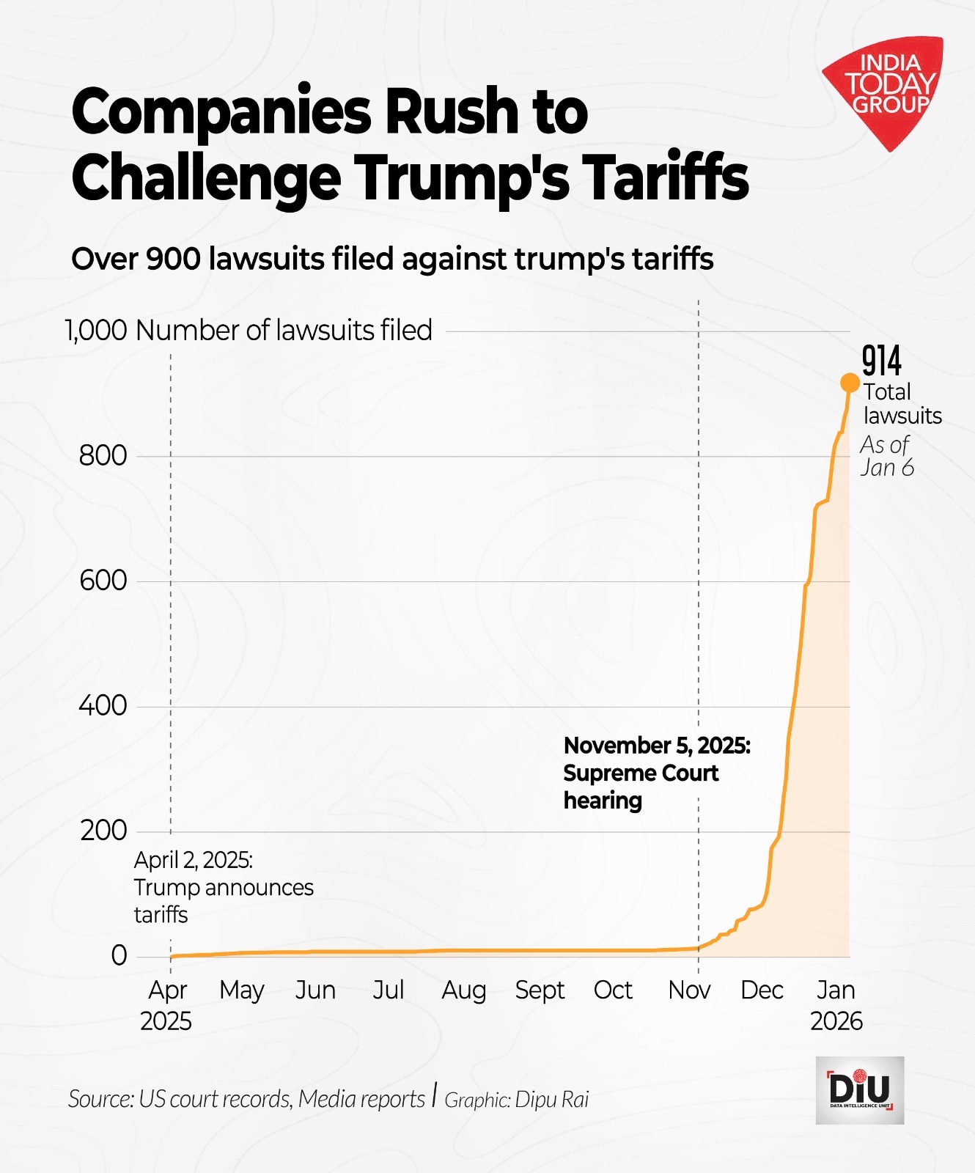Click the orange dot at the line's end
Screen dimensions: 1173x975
point(850,383)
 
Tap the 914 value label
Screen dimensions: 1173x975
point(881,361)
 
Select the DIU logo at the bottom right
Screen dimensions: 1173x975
point(859,1090)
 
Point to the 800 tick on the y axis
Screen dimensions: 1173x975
point(103,456)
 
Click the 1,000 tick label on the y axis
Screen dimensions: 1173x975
point(96,331)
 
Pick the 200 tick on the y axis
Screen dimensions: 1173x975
point(103,831)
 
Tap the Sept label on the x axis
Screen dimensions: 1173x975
point(540,990)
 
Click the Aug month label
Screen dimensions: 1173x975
point(463,990)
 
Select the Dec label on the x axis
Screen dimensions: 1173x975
point(762,990)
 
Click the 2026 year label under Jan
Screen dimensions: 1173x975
point(836,1021)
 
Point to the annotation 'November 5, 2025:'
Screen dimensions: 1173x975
point(657,746)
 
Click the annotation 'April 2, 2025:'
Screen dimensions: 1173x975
point(194,860)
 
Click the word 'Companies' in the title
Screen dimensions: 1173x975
point(221,111)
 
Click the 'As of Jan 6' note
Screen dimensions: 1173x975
point(886,456)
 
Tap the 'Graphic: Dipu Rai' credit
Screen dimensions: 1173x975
point(516,1100)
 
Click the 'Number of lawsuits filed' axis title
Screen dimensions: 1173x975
point(284,331)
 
